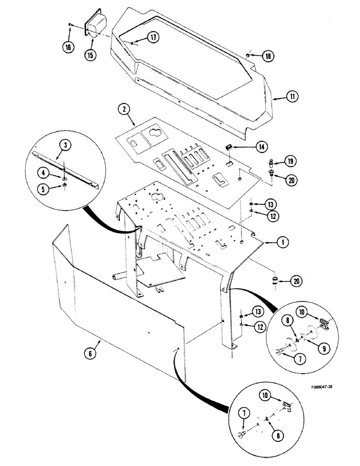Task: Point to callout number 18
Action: coord(268,56)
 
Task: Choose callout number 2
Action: coord(124,110)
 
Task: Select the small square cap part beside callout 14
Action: coord(228,147)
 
